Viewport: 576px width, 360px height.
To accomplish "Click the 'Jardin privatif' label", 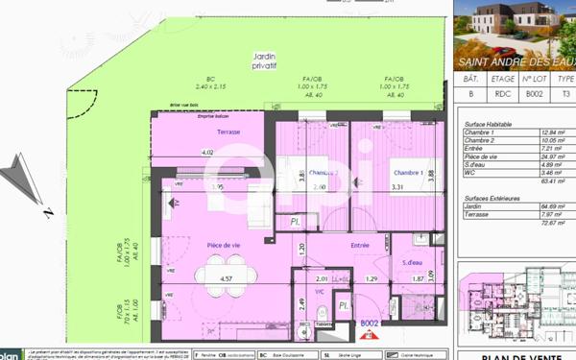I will (x=264, y=61).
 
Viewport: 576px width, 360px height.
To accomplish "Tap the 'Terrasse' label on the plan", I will (x=228, y=132).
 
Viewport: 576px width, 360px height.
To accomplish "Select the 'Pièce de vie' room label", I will (x=224, y=245).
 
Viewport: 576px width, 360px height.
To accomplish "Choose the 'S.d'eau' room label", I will (x=413, y=262).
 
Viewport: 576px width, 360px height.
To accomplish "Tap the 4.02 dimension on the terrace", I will (x=206, y=152).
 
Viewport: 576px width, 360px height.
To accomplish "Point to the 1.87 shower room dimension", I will (x=418, y=278).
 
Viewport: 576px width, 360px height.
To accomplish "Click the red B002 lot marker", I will (x=371, y=324).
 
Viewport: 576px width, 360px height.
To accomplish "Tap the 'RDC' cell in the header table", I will (x=502, y=95).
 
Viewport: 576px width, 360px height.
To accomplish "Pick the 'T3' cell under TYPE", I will (x=566, y=95).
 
